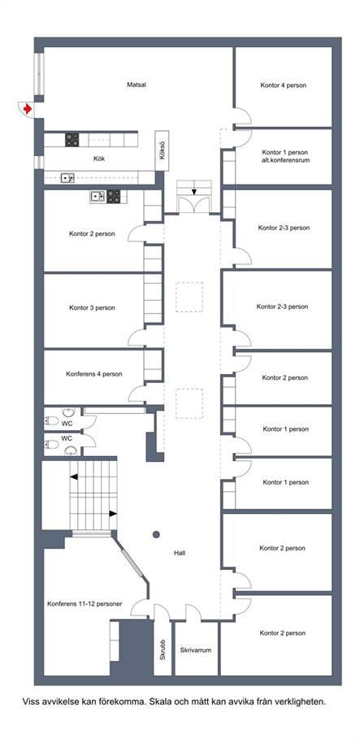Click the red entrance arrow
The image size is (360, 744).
coord(28,109)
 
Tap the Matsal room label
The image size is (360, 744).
coord(137,85)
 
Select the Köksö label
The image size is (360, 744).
coord(163,150)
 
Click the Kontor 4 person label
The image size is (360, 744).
coord(283,86)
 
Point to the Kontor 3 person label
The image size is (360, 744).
coord(92,308)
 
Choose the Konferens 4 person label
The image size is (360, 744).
coord(94,374)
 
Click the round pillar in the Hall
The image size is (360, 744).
coord(156,535)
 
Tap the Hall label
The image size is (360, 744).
coord(180,553)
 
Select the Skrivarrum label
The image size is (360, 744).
coord(195,650)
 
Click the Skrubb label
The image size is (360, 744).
coord(163,650)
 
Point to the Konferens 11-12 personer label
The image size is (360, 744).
coord(85,604)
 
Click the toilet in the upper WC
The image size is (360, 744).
coord(52,420)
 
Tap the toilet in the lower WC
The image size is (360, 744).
coord(52,444)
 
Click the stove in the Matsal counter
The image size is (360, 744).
coord(72,140)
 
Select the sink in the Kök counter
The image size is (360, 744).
coord(67,178)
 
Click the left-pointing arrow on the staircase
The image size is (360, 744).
coord(73,476)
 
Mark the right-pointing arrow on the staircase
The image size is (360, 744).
coord(113,513)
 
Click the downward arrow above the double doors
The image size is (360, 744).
coord(194,192)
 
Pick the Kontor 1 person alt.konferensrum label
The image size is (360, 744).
coord(285,157)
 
